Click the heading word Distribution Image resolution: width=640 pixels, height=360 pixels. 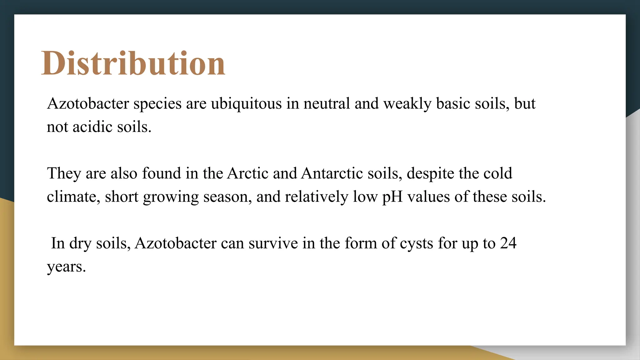[x=133, y=63]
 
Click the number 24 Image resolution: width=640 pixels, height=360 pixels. [x=508, y=243]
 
